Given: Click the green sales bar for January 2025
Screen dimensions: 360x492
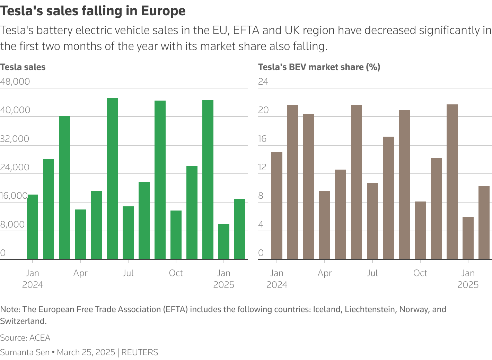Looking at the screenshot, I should [224, 242].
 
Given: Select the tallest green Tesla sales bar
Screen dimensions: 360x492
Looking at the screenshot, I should [112, 179].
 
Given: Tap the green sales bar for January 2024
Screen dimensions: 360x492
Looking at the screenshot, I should [33, 227].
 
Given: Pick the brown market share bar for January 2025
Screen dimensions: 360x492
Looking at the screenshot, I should [468, 238].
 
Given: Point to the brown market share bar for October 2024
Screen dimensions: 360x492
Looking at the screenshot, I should [420, 230].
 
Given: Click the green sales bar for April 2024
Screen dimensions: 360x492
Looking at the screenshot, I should [80, 234].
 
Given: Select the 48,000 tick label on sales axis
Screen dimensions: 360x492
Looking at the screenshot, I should [15, 82].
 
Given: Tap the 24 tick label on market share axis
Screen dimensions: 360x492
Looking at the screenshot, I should [263, 82].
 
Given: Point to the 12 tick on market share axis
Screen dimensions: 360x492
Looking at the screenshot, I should [263, 168].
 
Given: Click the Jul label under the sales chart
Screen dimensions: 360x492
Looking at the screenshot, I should [128, 273].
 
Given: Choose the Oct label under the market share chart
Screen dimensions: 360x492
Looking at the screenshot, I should [420, 273].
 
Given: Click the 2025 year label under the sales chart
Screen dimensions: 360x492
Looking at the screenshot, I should [224, 285].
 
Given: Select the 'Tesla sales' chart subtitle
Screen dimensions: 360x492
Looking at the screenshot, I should [23, 67].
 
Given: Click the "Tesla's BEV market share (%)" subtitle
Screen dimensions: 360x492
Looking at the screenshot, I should [319, 67].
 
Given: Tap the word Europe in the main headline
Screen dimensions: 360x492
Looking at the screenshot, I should [163, 11].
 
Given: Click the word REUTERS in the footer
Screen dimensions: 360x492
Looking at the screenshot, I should [140, 352].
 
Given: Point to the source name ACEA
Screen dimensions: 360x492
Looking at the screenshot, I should [40, 338].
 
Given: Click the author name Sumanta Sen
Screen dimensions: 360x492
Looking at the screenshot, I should [25, 352].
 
